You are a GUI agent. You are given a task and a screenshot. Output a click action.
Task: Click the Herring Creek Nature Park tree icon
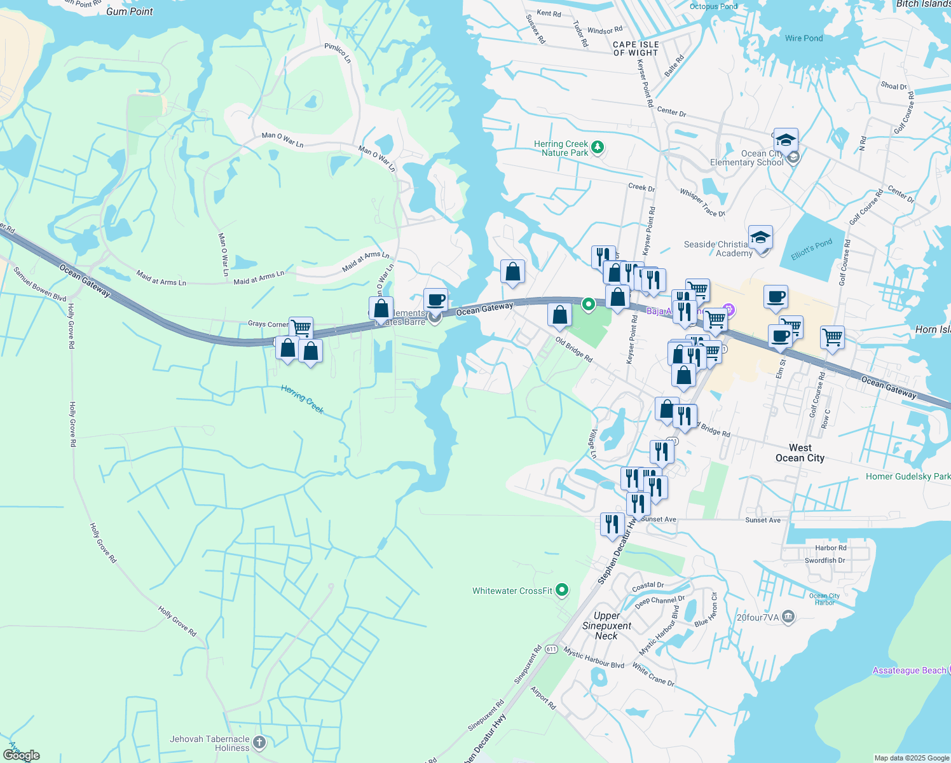(x=597, y=148)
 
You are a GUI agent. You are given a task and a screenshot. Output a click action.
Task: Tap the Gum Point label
(x=130, y=11)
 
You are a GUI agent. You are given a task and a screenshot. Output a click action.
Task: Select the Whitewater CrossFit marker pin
(x=562, y=591)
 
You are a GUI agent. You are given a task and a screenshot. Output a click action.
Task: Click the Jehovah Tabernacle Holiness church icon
(x=259, y=742)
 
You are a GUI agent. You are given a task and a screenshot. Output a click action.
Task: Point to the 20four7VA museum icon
(x=788, y=616)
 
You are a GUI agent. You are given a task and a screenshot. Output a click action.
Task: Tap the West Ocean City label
(x=800, y=453)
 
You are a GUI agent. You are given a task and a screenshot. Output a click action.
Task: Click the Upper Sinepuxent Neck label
(x=606, y=626)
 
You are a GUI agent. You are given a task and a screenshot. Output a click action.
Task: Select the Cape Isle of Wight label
(x=636, y=49)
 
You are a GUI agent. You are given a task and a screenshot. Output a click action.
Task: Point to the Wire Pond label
(x=804, y=38)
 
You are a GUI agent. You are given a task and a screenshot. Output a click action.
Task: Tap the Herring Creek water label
(x=303, y=399)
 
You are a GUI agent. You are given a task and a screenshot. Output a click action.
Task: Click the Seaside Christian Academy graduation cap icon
(x=760, y=238)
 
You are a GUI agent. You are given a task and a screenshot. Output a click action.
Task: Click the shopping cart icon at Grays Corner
(x=301, y=328)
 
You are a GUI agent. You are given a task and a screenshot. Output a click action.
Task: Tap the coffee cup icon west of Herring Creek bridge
(x=435, y=299)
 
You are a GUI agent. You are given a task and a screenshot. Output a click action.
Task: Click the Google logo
(x=22, y=755)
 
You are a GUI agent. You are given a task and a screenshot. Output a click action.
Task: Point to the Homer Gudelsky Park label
(x=908, y=476)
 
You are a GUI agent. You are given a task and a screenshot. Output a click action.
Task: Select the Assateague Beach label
(x=909, y=670)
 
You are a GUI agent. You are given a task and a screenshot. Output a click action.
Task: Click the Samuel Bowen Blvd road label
(x=40, y=284)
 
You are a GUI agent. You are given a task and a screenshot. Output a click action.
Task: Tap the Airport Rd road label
(x=543, y=698)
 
